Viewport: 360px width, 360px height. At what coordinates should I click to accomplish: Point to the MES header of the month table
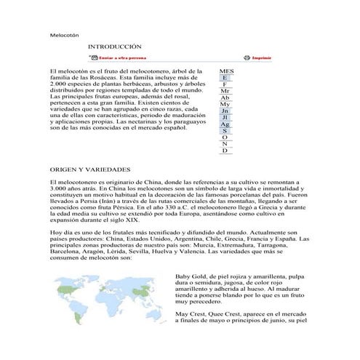coord(225,71)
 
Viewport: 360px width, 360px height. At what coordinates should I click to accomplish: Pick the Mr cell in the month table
coord(225,91)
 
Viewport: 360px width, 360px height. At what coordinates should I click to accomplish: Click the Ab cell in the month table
coord(225,97)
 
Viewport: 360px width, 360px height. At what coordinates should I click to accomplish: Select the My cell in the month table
coord(225,104)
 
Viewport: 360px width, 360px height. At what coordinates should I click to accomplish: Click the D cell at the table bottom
coord(225,150)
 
